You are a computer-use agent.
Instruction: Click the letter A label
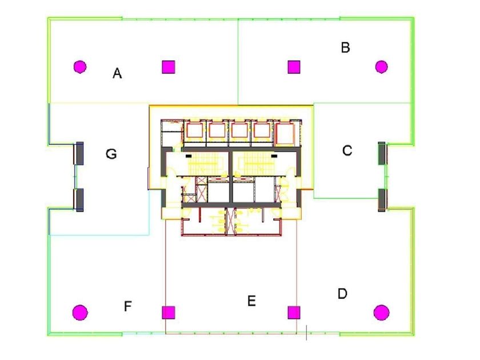117,74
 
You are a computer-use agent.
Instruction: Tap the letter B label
345,47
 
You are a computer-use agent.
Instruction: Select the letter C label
347,151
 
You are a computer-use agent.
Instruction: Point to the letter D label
342,294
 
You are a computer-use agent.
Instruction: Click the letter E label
251,301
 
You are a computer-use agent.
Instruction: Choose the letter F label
127,306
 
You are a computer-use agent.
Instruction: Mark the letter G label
111,154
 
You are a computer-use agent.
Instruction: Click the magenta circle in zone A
80,67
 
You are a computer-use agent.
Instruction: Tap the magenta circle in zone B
382,67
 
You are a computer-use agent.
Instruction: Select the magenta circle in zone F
80,313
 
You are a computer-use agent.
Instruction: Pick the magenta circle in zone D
382,313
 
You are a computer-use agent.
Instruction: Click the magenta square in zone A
169,67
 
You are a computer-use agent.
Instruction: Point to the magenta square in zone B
294,67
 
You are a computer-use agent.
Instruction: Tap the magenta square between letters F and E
169,313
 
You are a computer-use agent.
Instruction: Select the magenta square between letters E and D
294,313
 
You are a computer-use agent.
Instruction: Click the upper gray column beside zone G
79,153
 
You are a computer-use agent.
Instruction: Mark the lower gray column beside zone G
79,200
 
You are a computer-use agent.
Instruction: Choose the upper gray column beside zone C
382,153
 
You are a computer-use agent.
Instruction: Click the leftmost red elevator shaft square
194,131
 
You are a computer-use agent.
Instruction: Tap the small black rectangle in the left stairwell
189,156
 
